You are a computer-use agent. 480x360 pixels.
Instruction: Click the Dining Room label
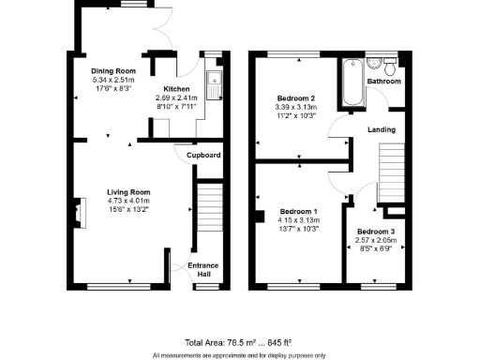click(x=114, y=71)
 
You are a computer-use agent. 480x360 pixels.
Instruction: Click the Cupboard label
click(x=203, y=155)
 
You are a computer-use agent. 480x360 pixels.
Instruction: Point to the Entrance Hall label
click(x=202, y=269)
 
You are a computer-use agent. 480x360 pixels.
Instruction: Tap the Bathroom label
click(x=384, y=82)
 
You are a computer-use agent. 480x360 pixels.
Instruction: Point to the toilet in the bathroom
click(x=374, y=65)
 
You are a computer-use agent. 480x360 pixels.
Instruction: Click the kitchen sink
click(x=215, y=84)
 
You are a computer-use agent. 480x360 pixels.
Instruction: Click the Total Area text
click(x=240, y=341)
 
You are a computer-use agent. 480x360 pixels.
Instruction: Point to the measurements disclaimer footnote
click(x=240, y=355)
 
